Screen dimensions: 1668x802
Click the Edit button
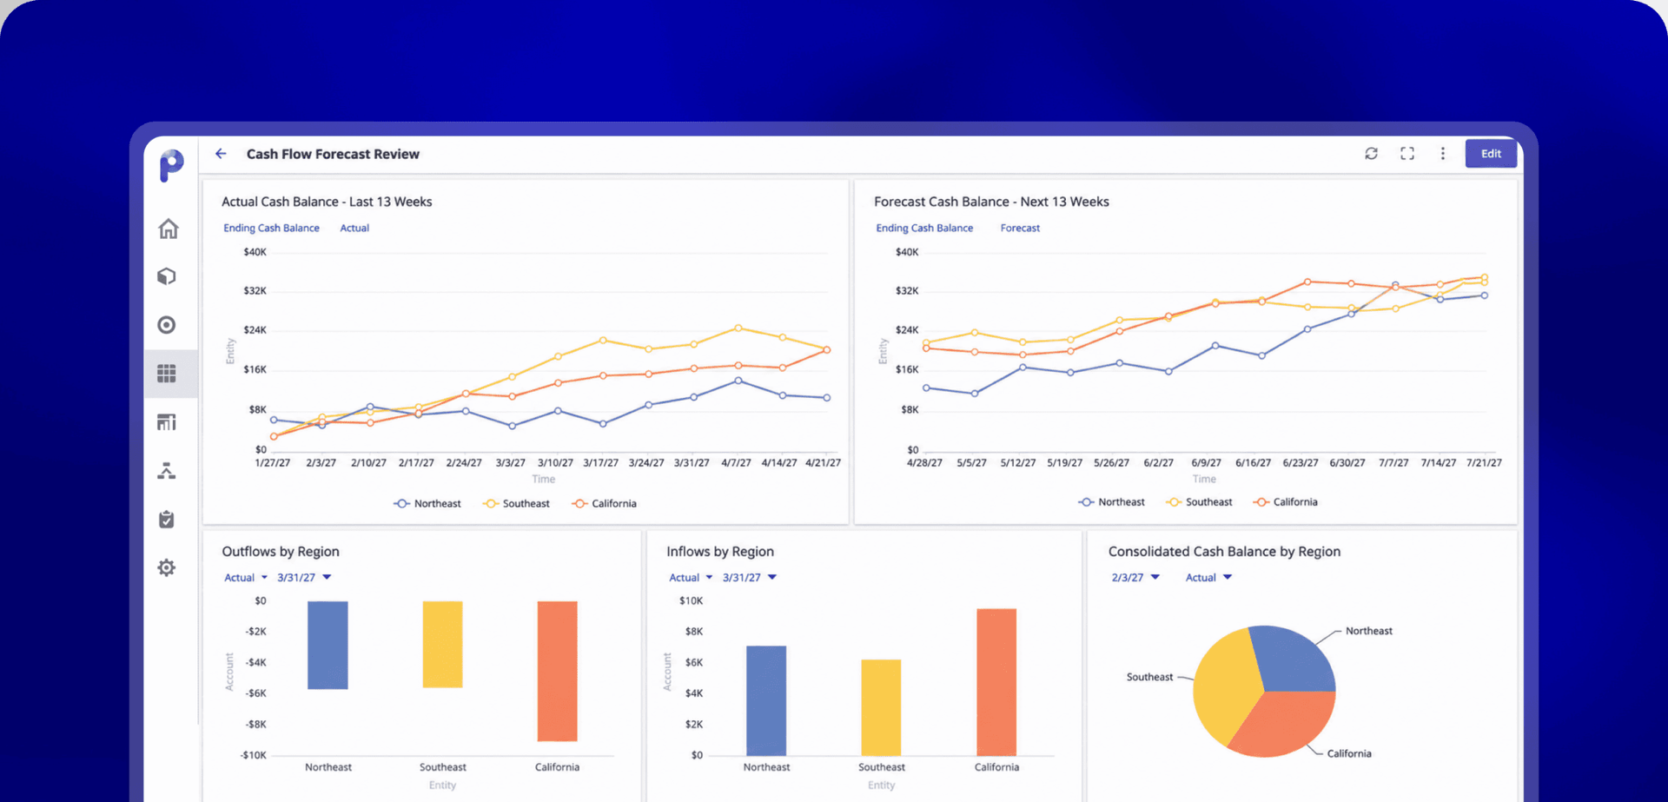coord(1491,154)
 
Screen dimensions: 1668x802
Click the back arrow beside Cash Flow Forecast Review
coord(221,154)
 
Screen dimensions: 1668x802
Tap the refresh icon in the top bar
coord(1371,154)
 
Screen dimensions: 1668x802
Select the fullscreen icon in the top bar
coord(1407,154)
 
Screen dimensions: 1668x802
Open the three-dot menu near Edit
coord(1443,154)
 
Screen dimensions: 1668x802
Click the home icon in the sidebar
coord(169,229)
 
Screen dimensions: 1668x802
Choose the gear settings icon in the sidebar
coord(167,567)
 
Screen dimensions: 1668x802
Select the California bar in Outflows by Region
coord(557,671)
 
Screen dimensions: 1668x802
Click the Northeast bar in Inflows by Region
coord(766,700)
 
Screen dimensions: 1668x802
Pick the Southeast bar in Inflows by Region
coord(881,707)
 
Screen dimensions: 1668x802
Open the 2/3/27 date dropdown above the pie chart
coord(1135,578)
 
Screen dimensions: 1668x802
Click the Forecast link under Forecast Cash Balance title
coord(1020,229)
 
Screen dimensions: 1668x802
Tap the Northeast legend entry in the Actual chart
coord(427,504)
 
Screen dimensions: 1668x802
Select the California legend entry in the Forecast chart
coord(1286,502)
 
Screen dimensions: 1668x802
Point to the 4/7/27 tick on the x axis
coord(736,463)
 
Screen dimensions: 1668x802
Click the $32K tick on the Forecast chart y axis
coord(907,291)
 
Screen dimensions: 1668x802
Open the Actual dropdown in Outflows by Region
coord(246,578)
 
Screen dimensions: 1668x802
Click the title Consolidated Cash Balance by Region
coord(1224,552)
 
